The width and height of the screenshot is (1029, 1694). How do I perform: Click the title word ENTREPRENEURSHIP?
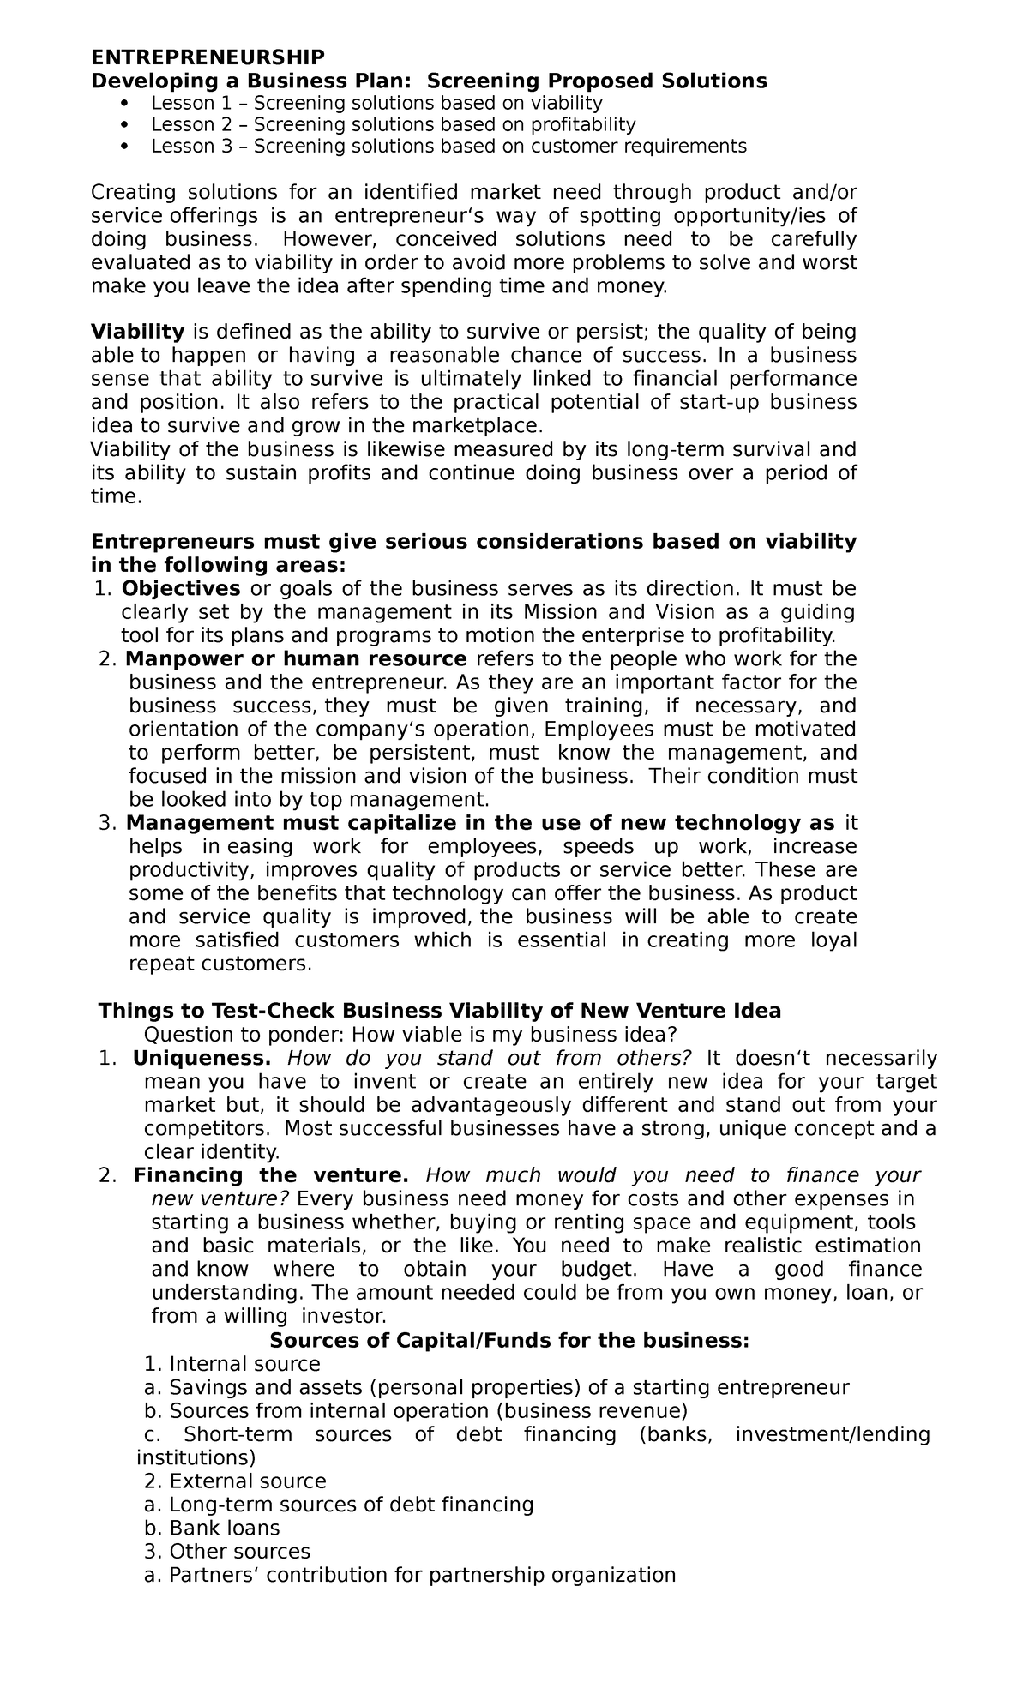point(208,57)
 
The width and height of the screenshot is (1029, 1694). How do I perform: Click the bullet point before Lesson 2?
point(125,125)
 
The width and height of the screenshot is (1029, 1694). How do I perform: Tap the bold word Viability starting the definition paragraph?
point(138,332)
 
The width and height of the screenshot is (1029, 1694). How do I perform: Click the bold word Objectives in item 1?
point(181,589)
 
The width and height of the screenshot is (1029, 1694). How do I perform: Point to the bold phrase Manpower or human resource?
point(296,659)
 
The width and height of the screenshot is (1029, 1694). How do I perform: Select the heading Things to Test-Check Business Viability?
point(440,1011)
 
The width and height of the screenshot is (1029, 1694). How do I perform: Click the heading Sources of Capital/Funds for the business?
point(509,1340)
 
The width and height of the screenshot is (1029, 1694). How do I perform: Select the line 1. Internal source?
point(232,1364)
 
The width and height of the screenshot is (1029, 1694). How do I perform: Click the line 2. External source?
point(236,1481)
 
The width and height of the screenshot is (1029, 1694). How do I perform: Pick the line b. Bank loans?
point(213,1528)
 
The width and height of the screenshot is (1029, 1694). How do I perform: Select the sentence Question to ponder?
point(412,1034)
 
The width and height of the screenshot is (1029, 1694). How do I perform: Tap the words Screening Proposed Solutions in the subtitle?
point(597,81)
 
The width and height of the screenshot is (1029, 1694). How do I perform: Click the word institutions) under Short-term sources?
point(196,1457)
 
